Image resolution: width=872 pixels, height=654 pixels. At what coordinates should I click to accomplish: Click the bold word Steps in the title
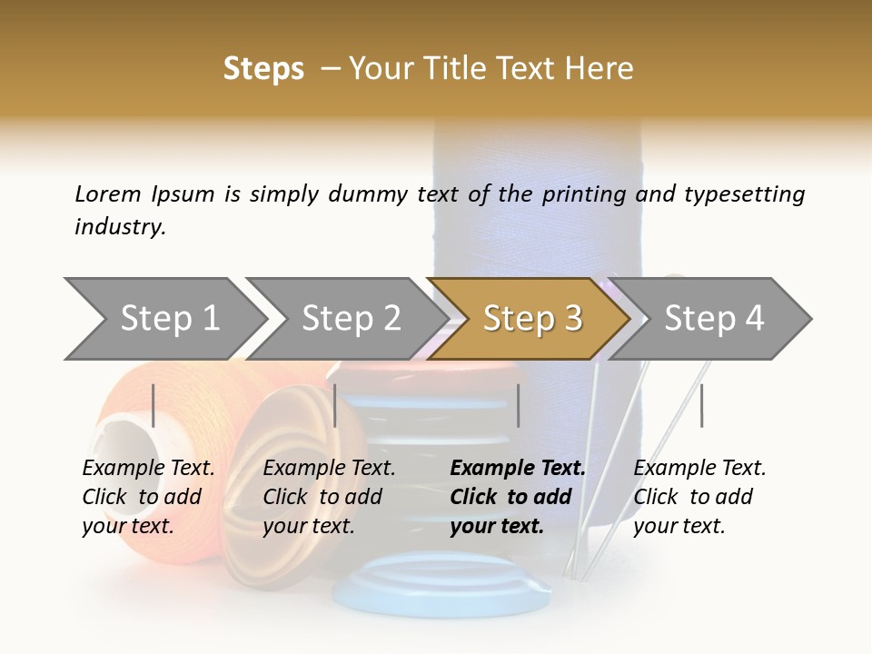coord(263,69)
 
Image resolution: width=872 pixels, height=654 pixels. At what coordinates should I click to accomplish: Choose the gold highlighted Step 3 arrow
coord(531,318)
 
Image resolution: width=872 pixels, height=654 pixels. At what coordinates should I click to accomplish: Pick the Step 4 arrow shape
coord(713,318)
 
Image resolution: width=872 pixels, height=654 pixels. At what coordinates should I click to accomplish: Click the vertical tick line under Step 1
coord(154,405)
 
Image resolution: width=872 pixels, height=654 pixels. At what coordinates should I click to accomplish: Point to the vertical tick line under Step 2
coord(335,405)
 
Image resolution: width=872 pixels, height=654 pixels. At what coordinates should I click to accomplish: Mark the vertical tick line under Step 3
coord(518,405)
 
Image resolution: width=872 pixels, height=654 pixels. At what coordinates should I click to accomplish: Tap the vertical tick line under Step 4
coord(701,405)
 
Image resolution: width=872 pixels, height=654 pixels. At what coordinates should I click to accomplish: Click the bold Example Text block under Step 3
coord(518,497)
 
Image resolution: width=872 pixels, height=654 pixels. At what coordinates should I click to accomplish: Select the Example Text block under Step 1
coord(148,497)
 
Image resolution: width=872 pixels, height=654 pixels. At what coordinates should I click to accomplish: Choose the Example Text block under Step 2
coord(329,497)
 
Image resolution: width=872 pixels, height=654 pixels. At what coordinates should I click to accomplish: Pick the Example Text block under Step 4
coord(699,497)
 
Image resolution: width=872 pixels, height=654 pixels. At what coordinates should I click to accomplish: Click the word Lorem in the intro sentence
coord(107,194)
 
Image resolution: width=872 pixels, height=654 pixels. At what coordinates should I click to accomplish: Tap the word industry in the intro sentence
coord(120,227)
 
